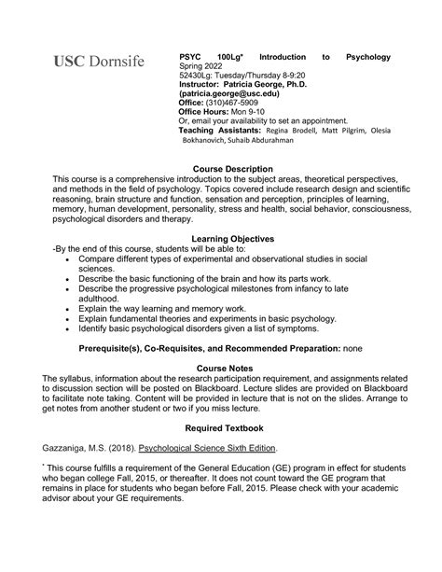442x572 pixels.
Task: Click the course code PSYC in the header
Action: coord(190,57)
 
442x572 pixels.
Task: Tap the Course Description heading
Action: coord(220,168)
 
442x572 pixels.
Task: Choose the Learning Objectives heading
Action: coord(220,240)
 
